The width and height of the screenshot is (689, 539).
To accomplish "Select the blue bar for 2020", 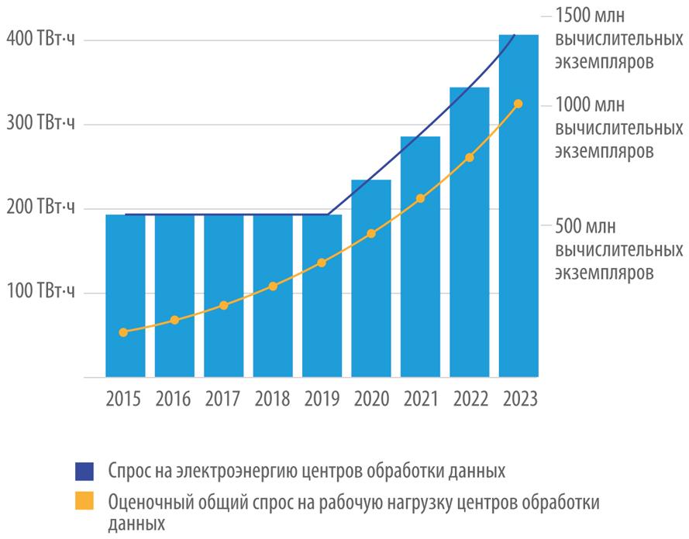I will click(371, 279).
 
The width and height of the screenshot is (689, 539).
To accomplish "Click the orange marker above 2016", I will click(174, 320).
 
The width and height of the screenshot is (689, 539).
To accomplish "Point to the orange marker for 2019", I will click(322, 263).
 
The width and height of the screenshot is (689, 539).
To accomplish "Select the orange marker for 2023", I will click(518, 104).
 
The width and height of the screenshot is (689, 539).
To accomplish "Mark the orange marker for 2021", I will click(420, 199).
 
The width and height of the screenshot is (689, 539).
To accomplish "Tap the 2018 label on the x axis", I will click(273, 400).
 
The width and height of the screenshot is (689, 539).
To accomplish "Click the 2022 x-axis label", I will click(469, 400).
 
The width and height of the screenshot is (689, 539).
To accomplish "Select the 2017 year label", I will click(223, 400).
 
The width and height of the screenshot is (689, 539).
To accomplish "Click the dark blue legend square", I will click(84, 470).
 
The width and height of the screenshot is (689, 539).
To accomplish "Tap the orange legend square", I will click(84, 502).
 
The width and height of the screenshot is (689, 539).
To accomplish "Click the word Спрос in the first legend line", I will click(129, 470).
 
